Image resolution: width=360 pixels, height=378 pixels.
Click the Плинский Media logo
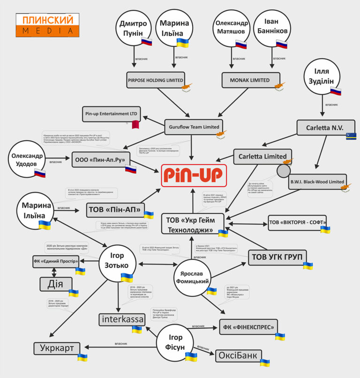(x=45, y=25)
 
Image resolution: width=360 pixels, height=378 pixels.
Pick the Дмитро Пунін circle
(x=134, y=29)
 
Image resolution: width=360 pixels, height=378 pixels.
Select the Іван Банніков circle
(x=271, y=29)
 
